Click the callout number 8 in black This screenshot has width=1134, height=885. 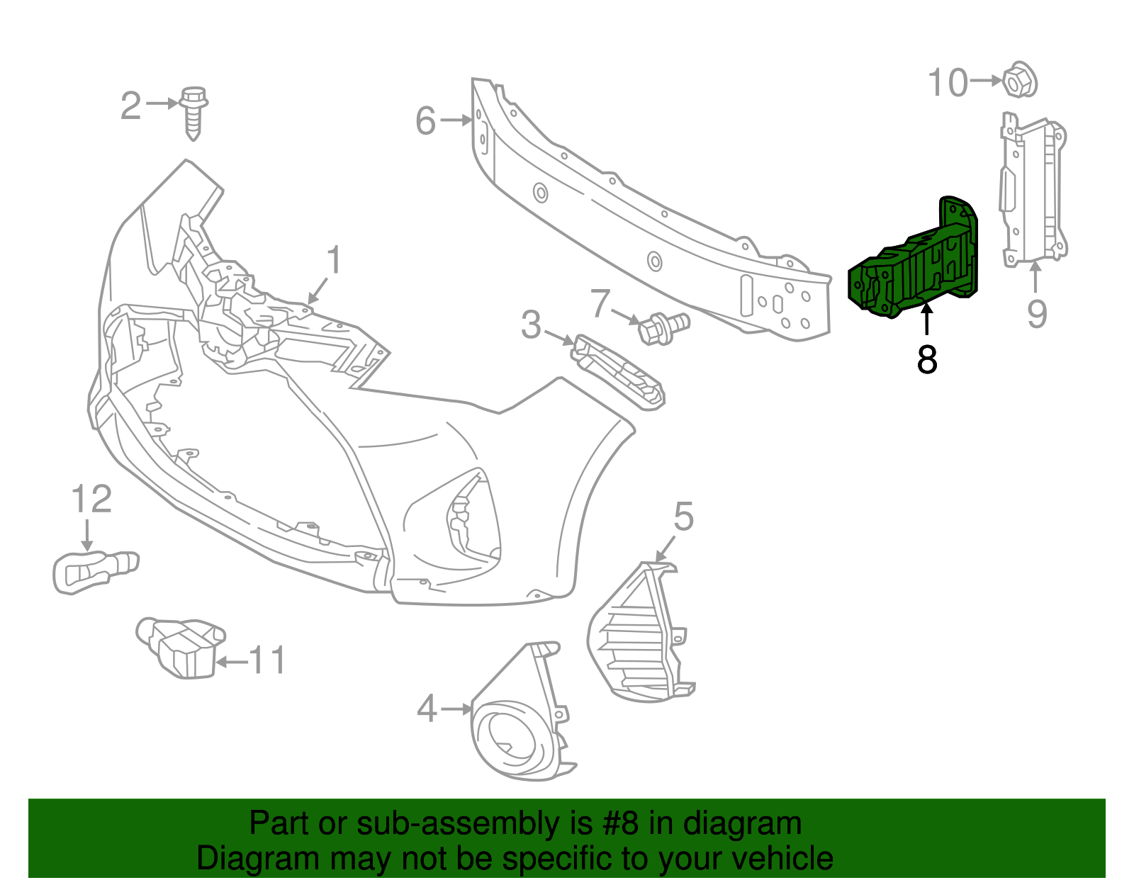pos(926,359)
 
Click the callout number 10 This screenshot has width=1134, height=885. pos(948,83)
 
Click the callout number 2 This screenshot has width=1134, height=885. pos(131,106)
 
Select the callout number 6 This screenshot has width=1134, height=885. pos(425,120)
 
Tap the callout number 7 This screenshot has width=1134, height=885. pos(600,303)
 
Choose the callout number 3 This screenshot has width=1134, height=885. pos(531,325)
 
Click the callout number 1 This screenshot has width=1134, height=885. pos(333,261)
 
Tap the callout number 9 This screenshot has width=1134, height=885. pos(1037,313)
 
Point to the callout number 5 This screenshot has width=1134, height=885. pos(683,517)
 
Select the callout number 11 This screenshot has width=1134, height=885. pos(267,661)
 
